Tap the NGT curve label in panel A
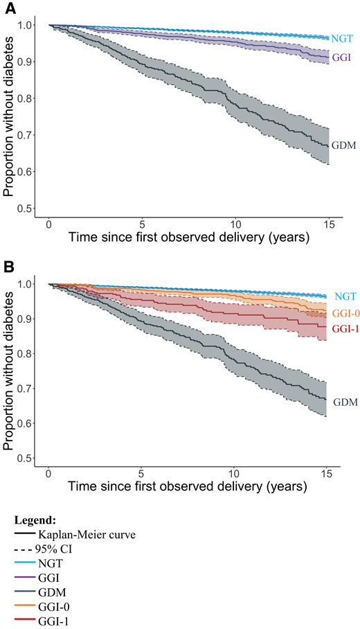(x=341, y=39)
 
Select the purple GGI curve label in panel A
(x=340, y=57)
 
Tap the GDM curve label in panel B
(x=345, y=402)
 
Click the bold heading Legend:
(x=36, y=520)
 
